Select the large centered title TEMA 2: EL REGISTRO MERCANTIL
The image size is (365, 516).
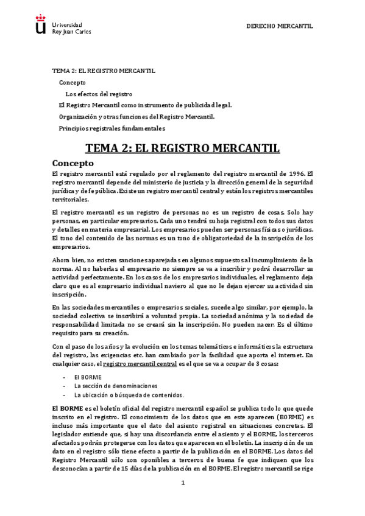point(182,148)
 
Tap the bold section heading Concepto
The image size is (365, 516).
point(73,164)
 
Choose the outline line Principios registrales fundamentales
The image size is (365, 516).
point(112,128)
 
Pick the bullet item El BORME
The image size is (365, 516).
point(88,377)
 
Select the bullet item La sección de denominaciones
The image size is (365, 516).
point(116,386)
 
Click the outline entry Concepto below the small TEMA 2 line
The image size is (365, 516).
point(72,82)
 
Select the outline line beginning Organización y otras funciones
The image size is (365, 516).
point(136,117)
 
